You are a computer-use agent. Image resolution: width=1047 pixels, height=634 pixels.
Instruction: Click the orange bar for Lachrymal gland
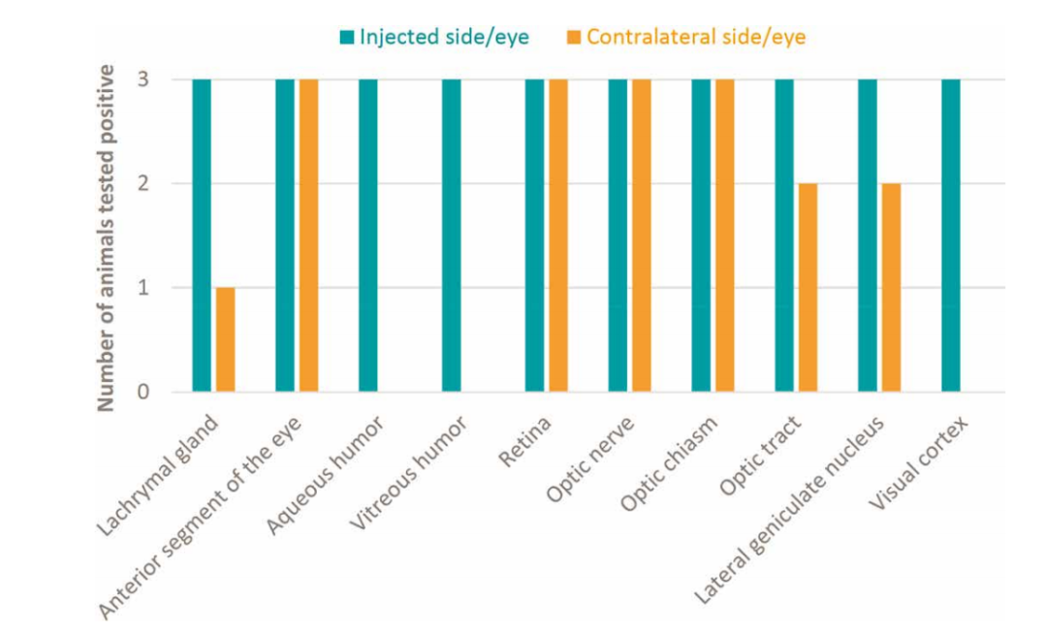225,340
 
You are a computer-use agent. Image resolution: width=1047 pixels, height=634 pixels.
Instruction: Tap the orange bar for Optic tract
808,288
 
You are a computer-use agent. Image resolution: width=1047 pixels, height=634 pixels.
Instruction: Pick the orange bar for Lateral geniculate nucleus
891,288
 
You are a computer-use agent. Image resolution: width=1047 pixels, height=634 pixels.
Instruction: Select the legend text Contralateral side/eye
695,37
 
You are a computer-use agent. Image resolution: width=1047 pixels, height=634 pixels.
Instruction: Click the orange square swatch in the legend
573,38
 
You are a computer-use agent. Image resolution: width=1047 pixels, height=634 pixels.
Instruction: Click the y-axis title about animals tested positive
108,238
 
